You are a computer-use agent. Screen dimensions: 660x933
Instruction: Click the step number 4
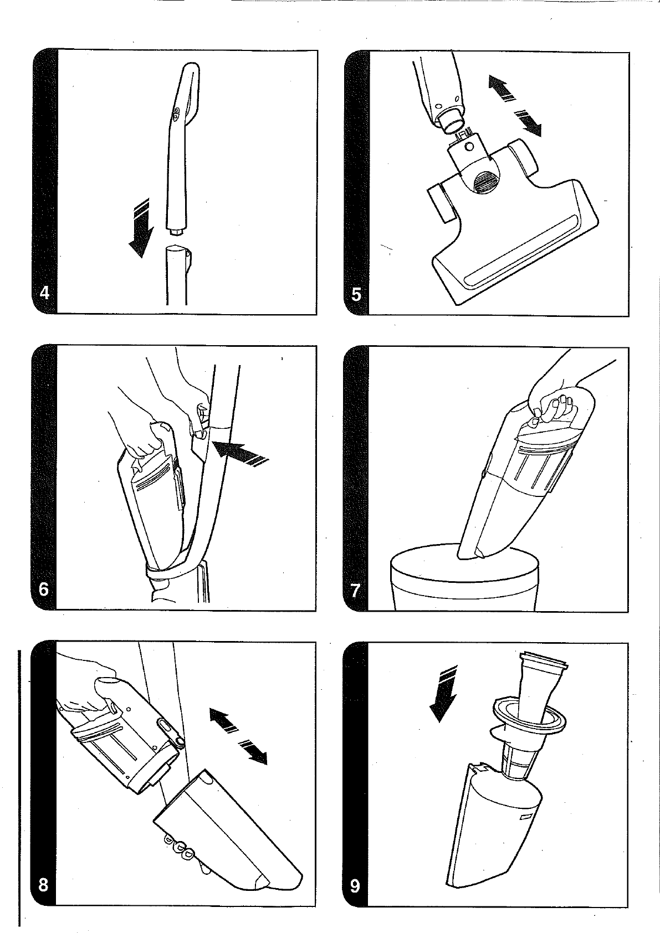coord(44,293)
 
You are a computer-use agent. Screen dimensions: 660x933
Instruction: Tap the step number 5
coord(356,295)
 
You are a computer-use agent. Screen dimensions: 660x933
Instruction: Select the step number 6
coord(43,590)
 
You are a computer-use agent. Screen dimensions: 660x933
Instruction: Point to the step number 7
coord(355,591)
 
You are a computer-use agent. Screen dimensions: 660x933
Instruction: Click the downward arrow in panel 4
coord(140,229)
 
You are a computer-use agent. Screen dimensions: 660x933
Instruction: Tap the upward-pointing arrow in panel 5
coord(502,87)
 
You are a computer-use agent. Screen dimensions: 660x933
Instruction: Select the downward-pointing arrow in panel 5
coord(528,123)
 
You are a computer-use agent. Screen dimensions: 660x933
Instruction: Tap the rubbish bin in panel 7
coord(464,577)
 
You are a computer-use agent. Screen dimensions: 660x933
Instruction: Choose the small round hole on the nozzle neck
coord(469,147)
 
